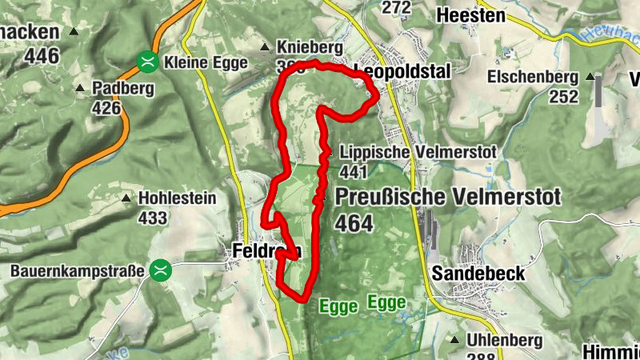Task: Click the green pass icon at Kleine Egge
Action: [x=146, y=61]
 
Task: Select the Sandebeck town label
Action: [x=478, y=274]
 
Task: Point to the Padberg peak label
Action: [x=123, y=89]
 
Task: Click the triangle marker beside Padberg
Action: [x=79, y=89]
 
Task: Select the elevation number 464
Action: [x=354, y=224]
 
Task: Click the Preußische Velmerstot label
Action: [x=448, y=197]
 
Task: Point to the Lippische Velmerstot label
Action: [x=418, y=152]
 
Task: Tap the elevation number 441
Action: [x=353, y=172]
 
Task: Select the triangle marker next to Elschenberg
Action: [x=590, y=78]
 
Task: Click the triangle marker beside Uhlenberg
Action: [x=455, y=340]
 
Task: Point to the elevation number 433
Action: [x=152, y=218]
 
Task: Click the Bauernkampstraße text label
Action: [x=77, y=271]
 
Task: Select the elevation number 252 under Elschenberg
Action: [x=563, y=97]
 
